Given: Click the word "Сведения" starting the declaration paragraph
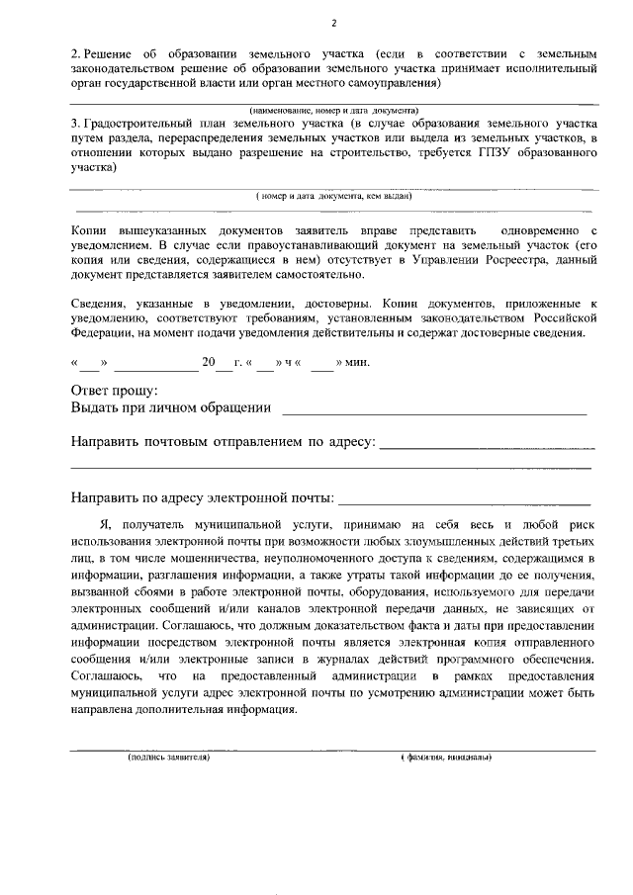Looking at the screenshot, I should point(100,302).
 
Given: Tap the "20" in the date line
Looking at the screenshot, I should point(209,363).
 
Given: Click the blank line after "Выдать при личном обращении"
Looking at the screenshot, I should point(434,408).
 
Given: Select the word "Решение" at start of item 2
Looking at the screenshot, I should point(112,51).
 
